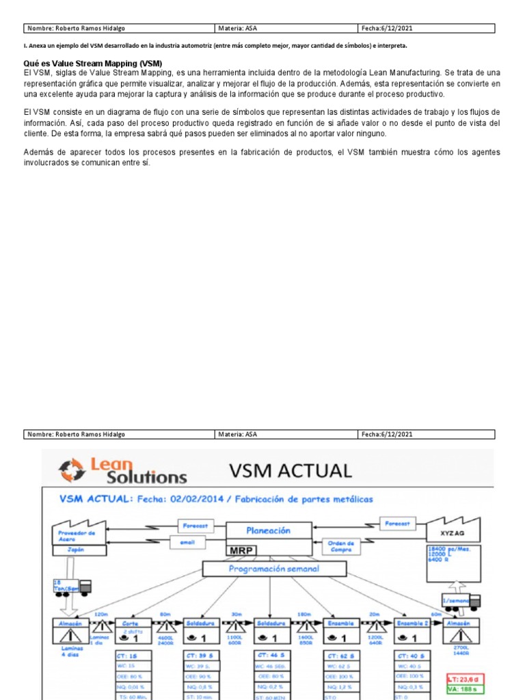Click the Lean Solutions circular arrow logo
[x=71, y=471]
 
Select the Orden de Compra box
[x=340, y=547]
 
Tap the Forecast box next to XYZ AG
[x=399, y=524]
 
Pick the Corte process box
[x=131, y=632]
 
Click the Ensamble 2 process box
[x=412, y=632]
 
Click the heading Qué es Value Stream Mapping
[x=93, y=64]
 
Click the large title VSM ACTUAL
[x=291, y=470]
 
